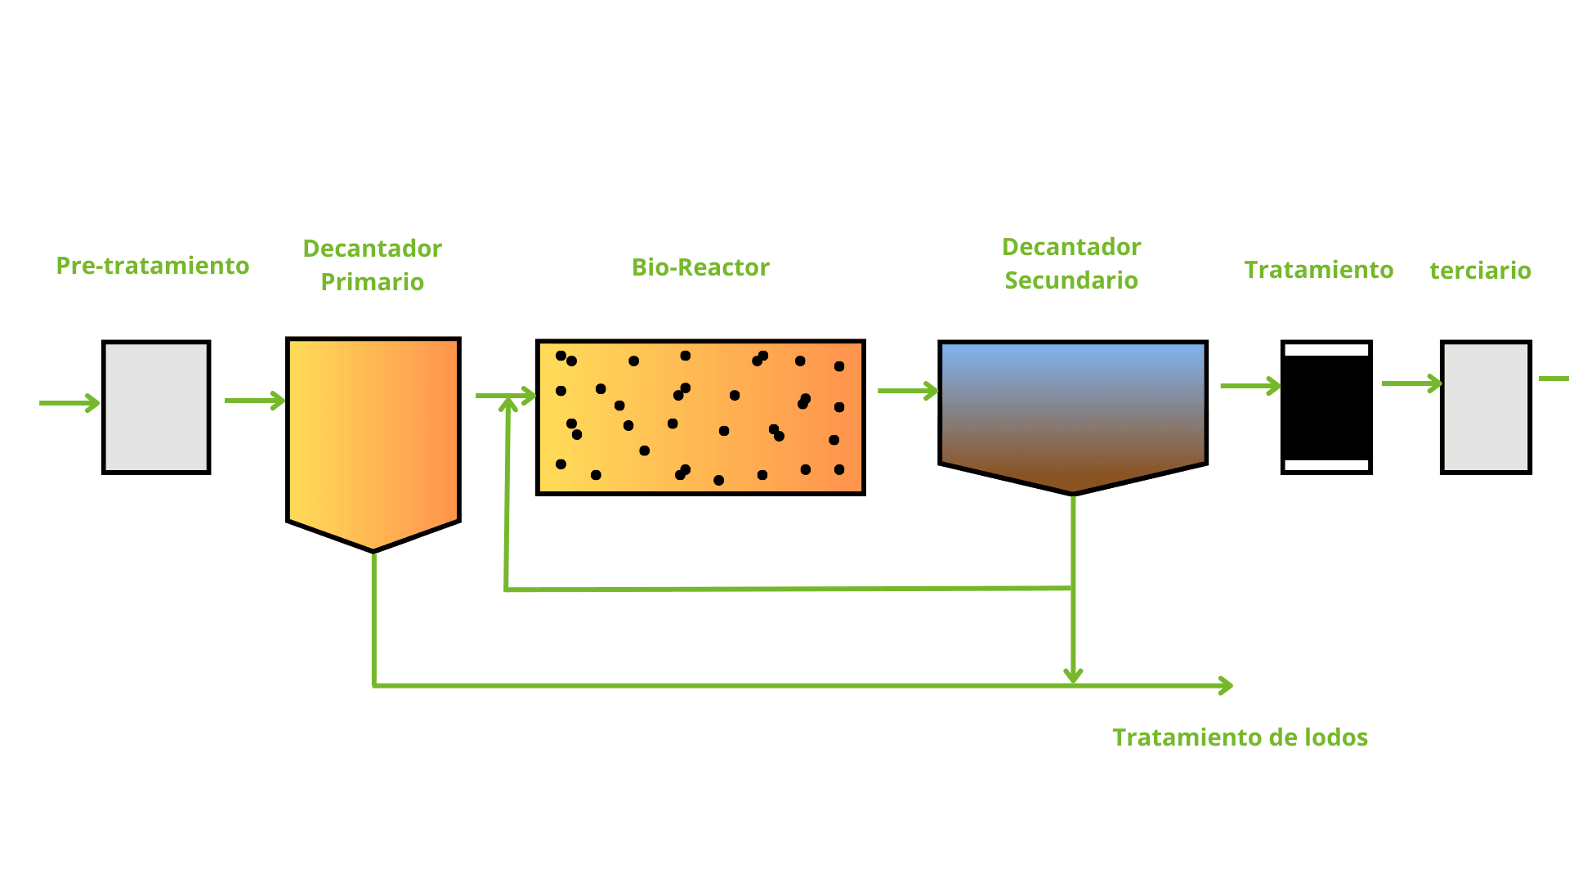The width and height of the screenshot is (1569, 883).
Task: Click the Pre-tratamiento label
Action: tap(153, 266)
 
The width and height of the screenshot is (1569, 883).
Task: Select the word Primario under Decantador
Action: tap(373, 282)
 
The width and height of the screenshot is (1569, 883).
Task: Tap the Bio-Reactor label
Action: tap(700, 267)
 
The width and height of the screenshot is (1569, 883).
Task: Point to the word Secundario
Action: tap(1071, 280)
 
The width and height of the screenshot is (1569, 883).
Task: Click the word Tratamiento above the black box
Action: tap(1319, 270)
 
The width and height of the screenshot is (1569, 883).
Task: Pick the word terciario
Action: tap(1480, 271)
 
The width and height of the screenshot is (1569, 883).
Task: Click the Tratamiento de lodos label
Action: tap(1240, 737)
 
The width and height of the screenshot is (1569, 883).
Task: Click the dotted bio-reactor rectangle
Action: tap(700, 417)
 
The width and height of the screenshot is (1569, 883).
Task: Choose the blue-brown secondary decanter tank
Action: tap(1073, 409)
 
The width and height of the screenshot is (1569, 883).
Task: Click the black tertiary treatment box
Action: tap(1326, 407)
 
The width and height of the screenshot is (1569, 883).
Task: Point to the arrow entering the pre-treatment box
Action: tap(69, 402)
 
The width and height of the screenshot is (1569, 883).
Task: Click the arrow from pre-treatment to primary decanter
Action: tap(255, 401)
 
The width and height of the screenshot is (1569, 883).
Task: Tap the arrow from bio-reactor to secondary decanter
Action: tap(908, 391)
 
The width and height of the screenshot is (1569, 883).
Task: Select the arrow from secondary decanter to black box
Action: tap(1250, 386)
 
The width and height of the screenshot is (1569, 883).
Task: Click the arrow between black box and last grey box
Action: tap(1411, 383)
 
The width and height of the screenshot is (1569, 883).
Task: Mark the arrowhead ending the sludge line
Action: tap(1226, 685)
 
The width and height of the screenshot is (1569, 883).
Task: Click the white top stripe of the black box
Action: tap(1326, 350)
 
